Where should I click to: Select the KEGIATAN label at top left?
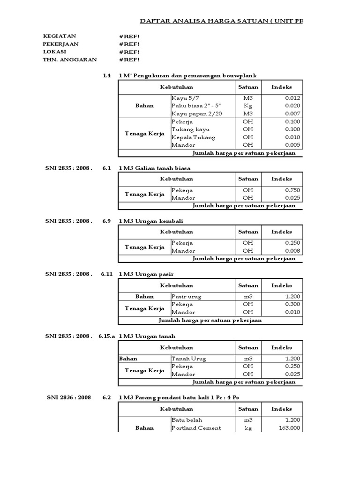(x=60, y=36)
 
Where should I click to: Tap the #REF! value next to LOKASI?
(x=129, y=52)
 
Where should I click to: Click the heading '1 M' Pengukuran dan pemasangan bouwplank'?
(x=187, y=75)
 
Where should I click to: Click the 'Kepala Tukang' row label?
(x=194, y=137)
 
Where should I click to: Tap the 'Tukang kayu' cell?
(x=191, y=129)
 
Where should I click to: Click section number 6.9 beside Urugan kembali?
(x=106, y=221)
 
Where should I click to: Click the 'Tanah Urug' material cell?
(x=189, y=359)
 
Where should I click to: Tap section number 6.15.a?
(x=106, y=336)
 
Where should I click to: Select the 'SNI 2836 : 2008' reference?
(x=68, y=397)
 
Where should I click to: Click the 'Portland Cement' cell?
(x=196, y=428)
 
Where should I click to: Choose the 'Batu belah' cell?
(x=187, y=420)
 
